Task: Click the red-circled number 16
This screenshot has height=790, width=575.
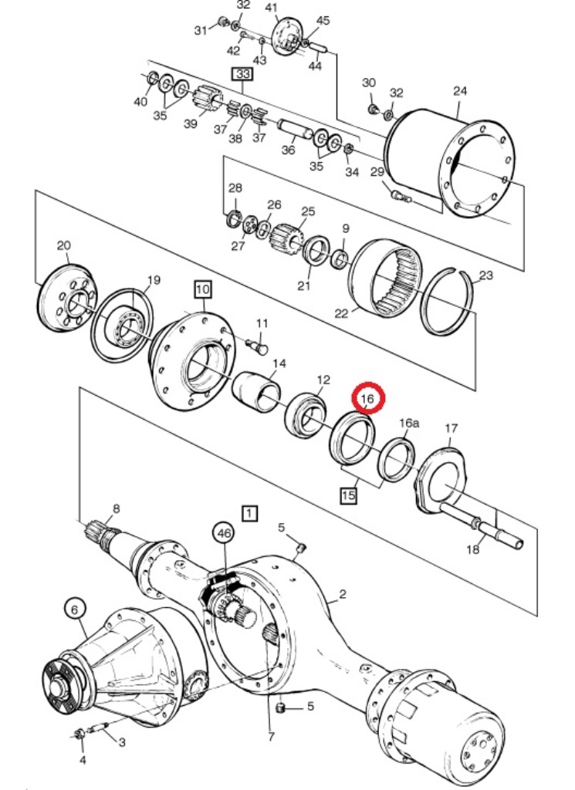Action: [368, 399]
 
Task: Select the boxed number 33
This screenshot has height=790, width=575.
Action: [243, 74]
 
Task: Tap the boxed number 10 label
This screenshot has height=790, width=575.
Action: [202, 290]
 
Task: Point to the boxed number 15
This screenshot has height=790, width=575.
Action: [349, 495]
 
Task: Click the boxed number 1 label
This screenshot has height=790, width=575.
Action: [250, 513]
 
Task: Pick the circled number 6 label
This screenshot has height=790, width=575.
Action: [75, 610]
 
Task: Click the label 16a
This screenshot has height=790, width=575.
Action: [409, 423]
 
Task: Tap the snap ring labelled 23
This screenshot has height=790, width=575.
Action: [448, 302]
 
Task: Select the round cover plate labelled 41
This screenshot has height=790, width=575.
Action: [286, 37]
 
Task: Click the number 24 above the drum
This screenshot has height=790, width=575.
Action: [459, 91]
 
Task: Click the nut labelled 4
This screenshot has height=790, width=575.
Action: [79, 734]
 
